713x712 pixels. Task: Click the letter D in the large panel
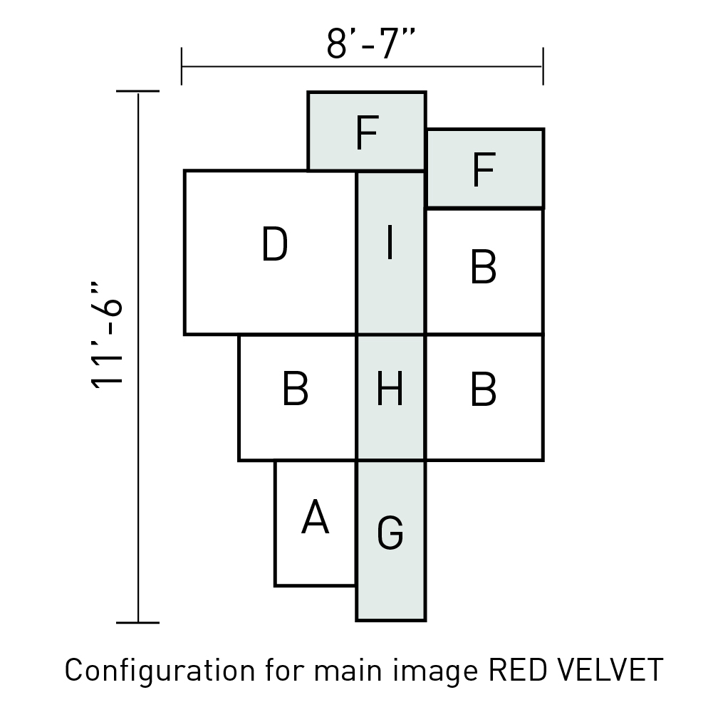[x=275, y=244]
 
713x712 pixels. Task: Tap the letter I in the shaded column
[x=390, y=244]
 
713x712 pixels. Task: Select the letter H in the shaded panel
[x=390, y=388]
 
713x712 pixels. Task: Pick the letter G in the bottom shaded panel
[x=390, y=533]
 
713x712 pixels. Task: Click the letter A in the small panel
[x=315, y=516]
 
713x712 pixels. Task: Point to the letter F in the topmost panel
[x=367, y=132]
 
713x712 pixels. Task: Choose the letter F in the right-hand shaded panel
[x=484, y=169]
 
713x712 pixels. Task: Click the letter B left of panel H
[x=296, y=388]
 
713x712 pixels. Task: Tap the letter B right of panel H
[x=483, y=388]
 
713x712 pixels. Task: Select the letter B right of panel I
[x=483, y=266]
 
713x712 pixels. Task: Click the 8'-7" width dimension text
[x=371, y=43]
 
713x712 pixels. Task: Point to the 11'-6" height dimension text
[x=106, y=335]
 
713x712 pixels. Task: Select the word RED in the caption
[x=517, y=670]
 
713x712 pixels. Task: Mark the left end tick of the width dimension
[x=182, y=66]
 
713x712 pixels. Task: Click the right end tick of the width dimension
[x=543, y=66]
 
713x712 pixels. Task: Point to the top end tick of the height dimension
[x=137, y=91]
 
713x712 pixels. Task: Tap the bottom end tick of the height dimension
[x=137, y=622]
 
